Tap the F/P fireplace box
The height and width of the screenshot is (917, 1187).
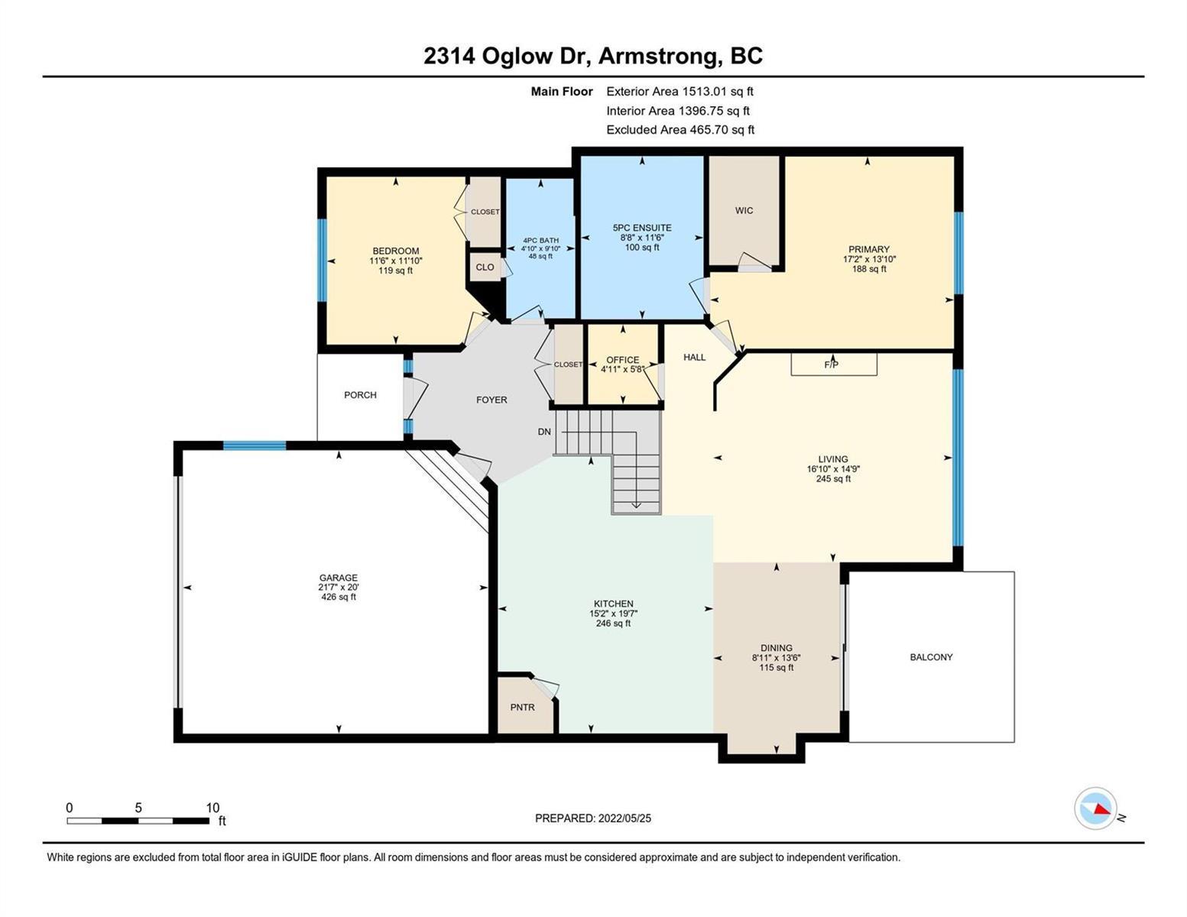coord(834,365)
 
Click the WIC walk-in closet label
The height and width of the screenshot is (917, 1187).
coord(744,210)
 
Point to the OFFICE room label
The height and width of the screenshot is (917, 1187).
coord(622,360)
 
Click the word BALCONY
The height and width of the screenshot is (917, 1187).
coord(931,657)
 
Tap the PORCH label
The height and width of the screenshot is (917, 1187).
coord(360,395)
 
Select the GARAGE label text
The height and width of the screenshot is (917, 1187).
coord(339,578)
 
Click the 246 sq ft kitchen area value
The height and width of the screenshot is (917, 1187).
coord(614,623)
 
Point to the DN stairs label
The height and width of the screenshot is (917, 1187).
coord(544,432)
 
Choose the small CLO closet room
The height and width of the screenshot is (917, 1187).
coord(485,267)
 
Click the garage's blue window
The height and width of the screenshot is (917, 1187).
coord(255,445)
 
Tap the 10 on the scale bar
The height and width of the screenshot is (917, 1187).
coord(212,808)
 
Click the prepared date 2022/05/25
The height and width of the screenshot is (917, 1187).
coord(624,818)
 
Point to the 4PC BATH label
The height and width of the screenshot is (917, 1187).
coord(541,240)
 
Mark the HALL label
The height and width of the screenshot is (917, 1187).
coord(694,357)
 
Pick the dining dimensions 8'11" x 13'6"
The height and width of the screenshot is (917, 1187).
coord(777,658)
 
